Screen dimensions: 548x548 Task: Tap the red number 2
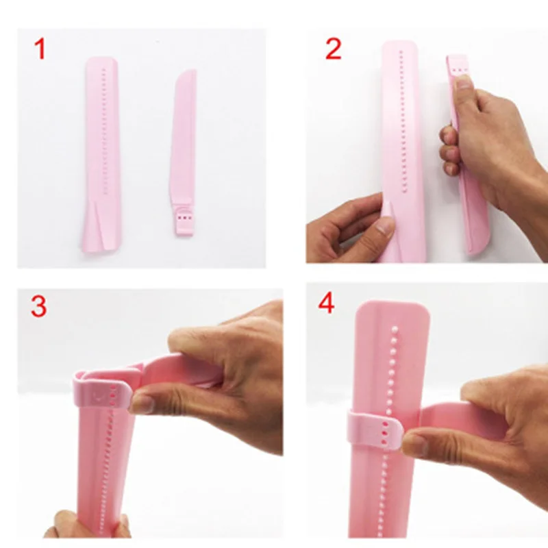coord(333,49)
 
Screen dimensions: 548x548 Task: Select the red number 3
coord(38,306)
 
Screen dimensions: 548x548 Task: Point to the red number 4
coord(327,303)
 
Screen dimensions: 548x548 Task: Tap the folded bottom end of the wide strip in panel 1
coord(98,229)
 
